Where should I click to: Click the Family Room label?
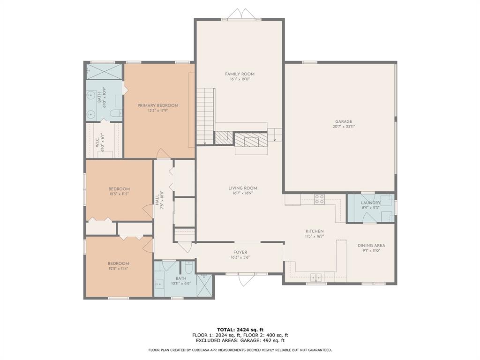pyautogui.click(x=240, y=74)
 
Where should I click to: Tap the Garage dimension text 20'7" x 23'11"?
pyautogui.click(x=343, y=127)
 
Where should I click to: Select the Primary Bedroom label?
pyautogui.click(x=157, y=105)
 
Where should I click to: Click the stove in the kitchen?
pyautogui.click(x=320, y=199)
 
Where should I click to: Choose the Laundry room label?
pyautogui.click(x=370, y=202)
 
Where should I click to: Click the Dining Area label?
pyautogui.click(x=371, y=245)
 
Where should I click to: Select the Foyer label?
pyautogui.click(x=240, y=252)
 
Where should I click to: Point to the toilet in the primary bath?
pyautogui.click(x=116, y=113)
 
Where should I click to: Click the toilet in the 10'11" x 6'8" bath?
pyautogui.click(x=188, y=268)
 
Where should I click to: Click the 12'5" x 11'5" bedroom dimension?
pyautogui.click(x=119, y=194)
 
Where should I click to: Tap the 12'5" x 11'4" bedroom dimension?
pyautogui.click(x=119, y=269)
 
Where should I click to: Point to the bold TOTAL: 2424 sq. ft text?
pyautogui.click(x=240, y=329)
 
